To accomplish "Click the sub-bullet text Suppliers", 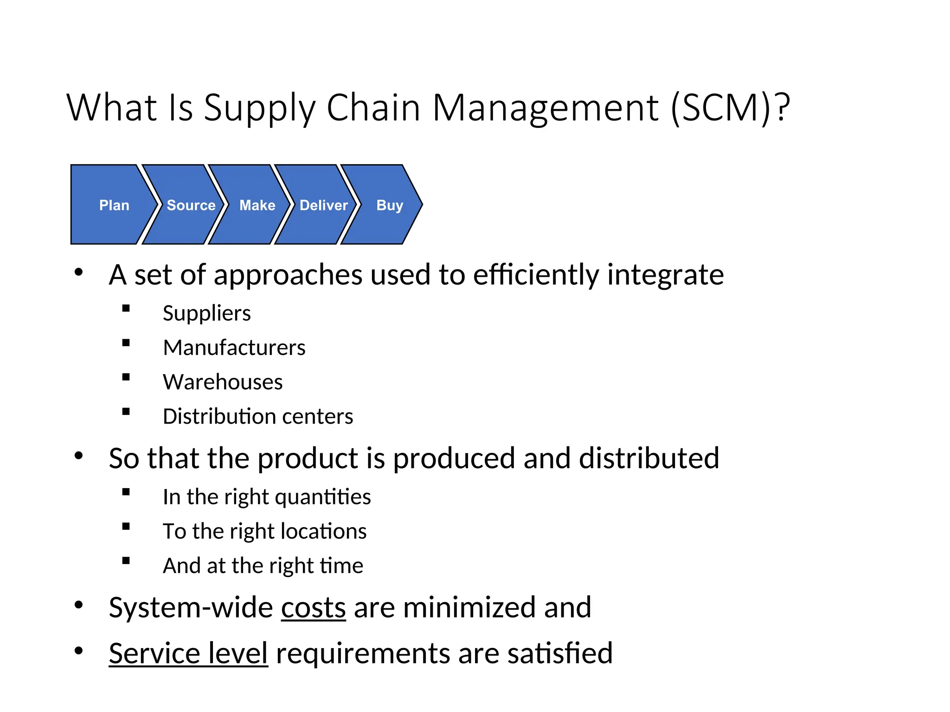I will pos(206,313).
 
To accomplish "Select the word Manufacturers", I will pos(234,348).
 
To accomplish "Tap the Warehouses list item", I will pos(223,382).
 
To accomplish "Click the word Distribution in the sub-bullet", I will pos(218,416).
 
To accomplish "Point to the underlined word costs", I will pos(313,607).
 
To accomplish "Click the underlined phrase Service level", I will pos(188,653).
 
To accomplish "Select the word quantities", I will pos(323,497).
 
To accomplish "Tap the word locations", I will pos(324,531).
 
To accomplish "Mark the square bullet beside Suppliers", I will pos(126,308).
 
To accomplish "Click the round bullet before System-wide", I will pos(78,605).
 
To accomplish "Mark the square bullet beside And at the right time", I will pos(126,560).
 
